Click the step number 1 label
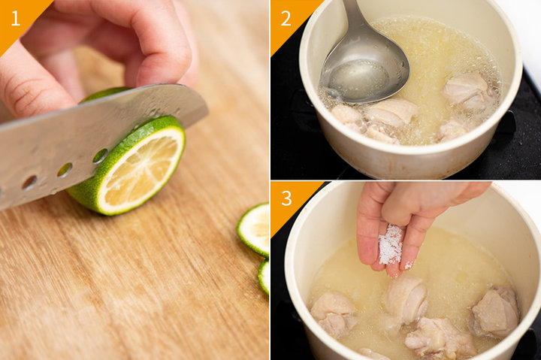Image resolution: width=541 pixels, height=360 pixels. pos(16,18)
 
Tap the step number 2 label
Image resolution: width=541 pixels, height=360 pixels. pos(286,18)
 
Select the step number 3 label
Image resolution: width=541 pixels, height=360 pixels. pos(286,198)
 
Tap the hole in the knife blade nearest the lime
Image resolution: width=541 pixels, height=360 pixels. pos(100,156)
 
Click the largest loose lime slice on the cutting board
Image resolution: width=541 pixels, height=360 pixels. pos(255,229)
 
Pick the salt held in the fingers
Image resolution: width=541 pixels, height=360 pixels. pos(391,244)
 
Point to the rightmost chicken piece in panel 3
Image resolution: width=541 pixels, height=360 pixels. pos(496,310)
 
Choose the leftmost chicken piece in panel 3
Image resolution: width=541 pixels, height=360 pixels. pos(334,313)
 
